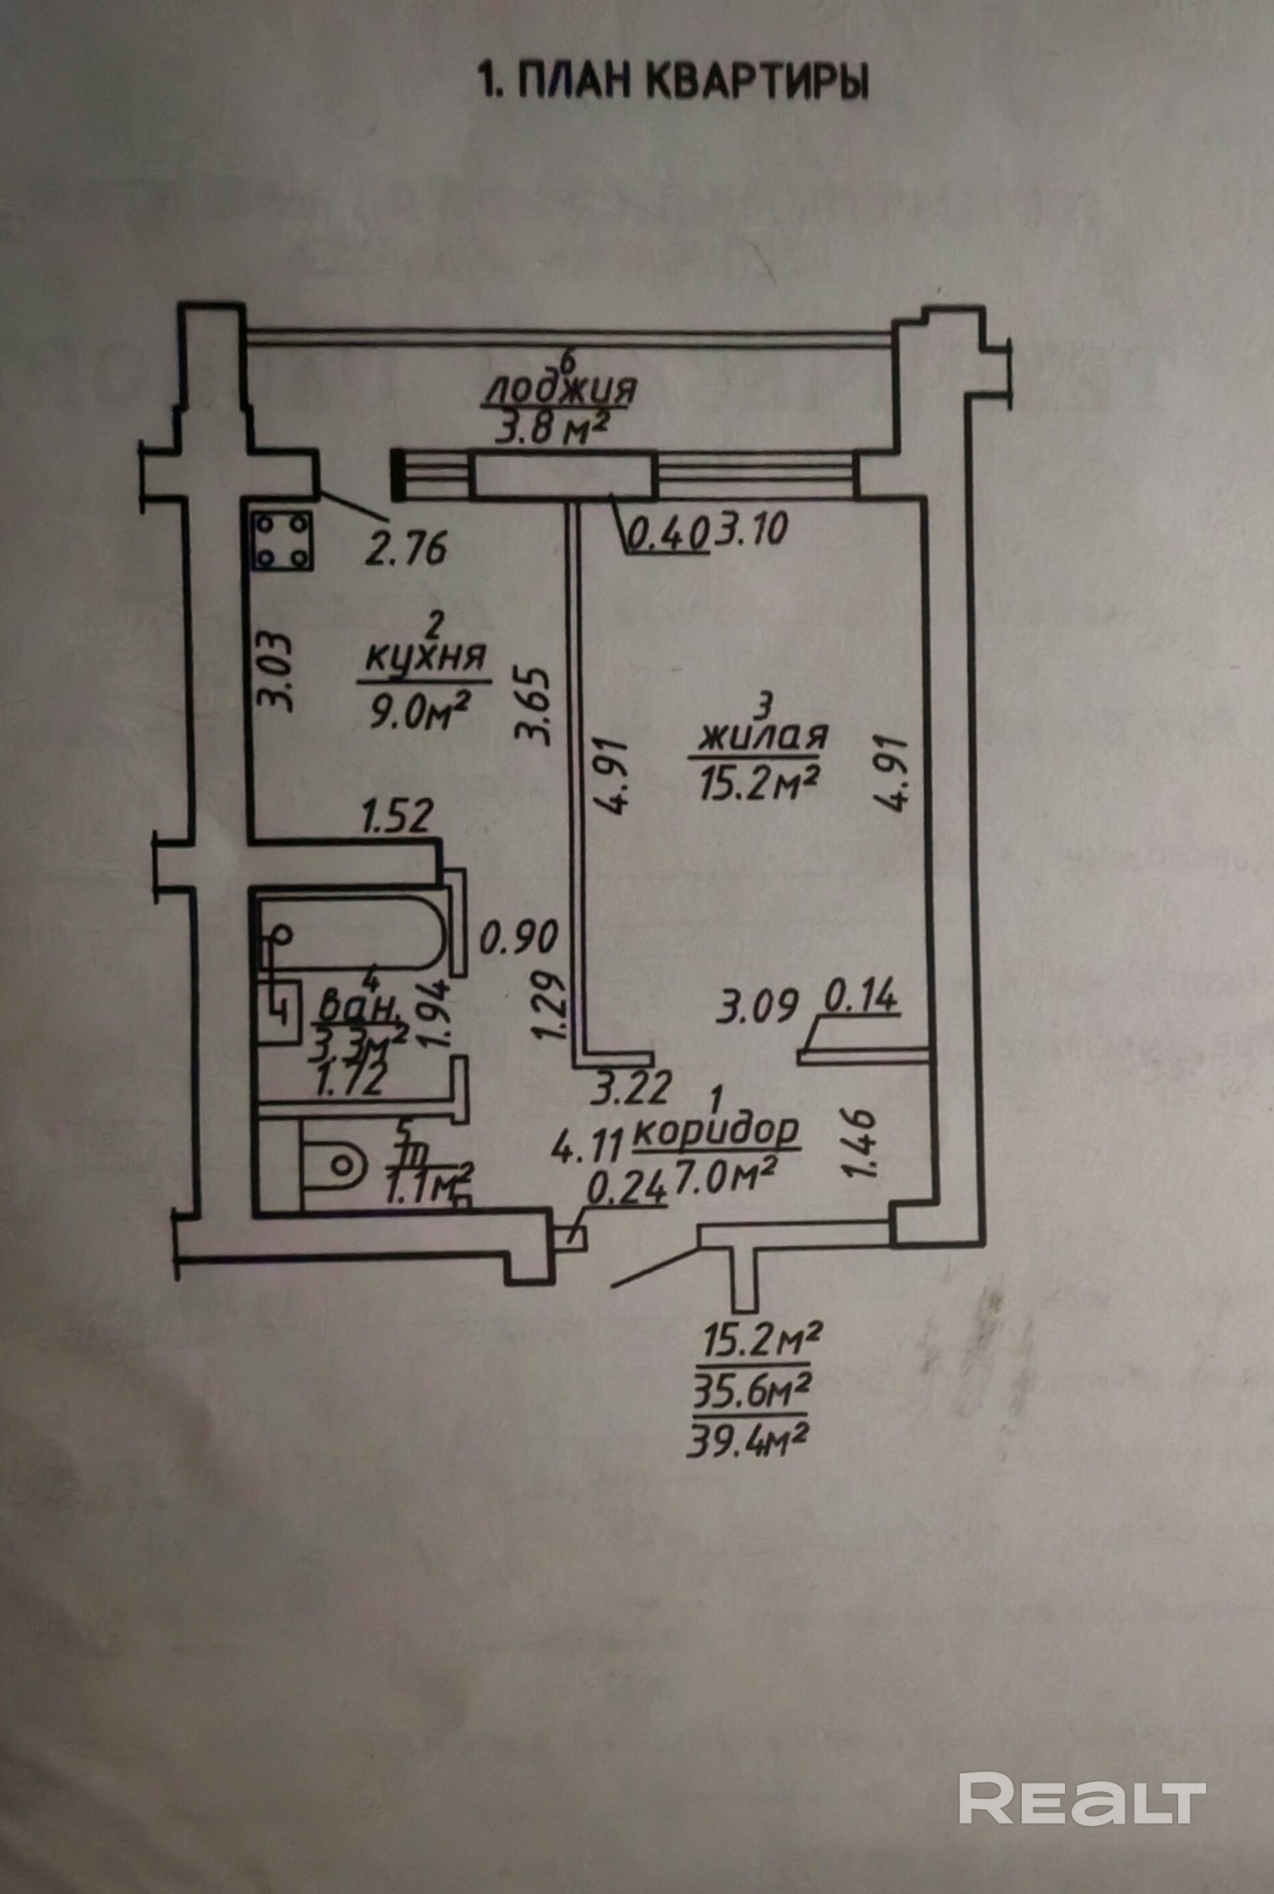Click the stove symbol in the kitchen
[x=280, y=541]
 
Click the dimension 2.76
[x=405, y=549]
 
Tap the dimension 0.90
[x=519, y=939]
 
